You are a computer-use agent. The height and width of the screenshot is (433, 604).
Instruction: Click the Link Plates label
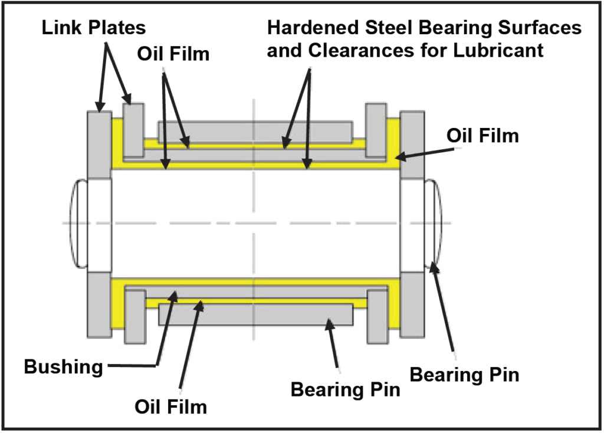[x=93, y=27]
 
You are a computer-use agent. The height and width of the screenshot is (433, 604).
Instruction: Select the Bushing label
[x=63, y=366]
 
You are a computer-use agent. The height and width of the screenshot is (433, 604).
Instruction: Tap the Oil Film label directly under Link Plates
[x=173, y=54]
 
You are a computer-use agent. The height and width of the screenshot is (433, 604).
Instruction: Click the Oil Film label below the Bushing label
[x=170, y=406]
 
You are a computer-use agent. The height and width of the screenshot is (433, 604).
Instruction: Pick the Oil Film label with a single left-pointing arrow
[x=482, y=136]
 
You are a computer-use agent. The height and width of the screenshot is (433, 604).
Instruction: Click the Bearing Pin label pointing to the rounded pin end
[x=464, y=375]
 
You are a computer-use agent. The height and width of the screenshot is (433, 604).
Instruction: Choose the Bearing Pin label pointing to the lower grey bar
[x=345, y=389]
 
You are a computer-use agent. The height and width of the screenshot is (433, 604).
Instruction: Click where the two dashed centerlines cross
[x=254, y=222]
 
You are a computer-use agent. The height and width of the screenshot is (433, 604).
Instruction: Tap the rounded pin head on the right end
[x=434, y=222]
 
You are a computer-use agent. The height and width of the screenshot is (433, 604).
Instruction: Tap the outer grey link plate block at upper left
[x=99, y=144]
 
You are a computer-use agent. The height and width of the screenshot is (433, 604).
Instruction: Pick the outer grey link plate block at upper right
[x=412, y=144]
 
